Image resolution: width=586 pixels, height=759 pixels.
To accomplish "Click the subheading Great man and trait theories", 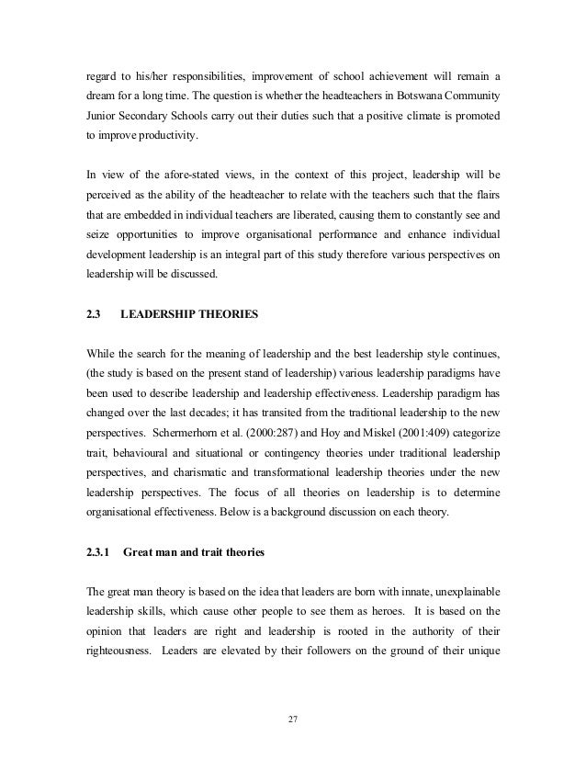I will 199,554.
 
